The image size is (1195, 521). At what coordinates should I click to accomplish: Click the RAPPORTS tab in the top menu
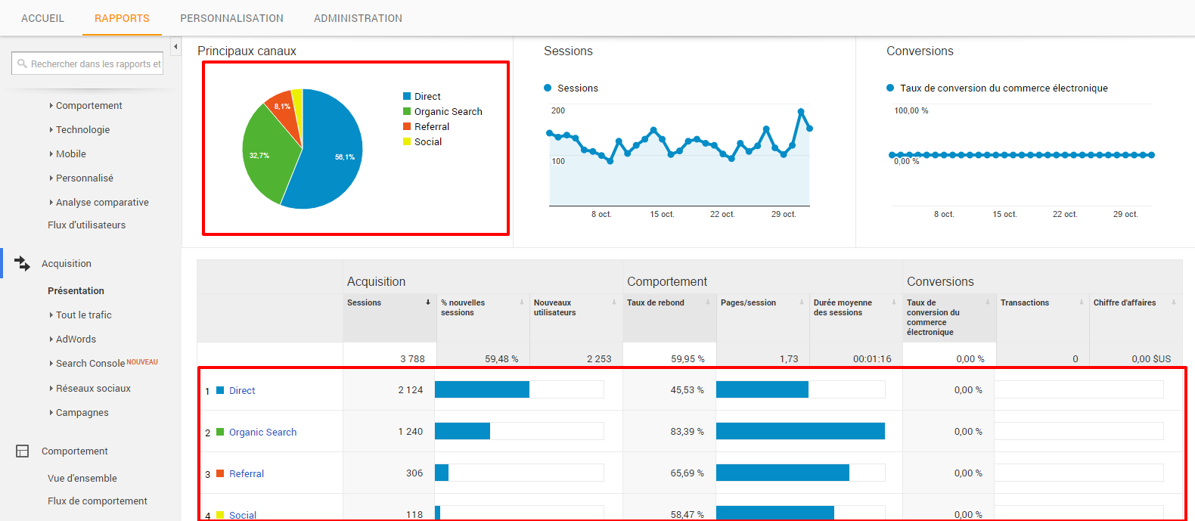coord(122,18)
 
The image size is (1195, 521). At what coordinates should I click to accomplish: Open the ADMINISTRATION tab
coord(358,18)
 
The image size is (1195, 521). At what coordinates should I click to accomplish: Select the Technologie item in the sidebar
coord(82,130)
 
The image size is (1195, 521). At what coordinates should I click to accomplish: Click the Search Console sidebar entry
coord(90,364)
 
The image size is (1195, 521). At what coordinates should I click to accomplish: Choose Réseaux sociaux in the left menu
coord(93,389)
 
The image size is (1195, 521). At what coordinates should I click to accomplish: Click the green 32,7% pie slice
coord(265,159)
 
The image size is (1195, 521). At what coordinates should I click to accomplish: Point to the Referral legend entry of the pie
coord(431,127)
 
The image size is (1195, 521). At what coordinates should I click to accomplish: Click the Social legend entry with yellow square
coord(427,142)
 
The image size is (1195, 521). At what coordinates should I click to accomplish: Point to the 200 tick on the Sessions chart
coord(558,110)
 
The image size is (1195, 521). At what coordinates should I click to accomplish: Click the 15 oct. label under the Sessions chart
coord(662,215)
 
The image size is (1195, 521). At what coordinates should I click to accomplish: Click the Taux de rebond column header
coord(656,302)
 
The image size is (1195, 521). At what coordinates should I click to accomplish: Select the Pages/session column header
coord(748,302)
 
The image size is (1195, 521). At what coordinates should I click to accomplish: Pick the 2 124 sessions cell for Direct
coord(411,390)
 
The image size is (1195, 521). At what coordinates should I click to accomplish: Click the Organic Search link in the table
coord(262,433)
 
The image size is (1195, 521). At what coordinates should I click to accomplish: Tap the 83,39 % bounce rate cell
coord(687,432)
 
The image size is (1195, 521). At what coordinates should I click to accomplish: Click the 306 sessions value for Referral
coord(414,473)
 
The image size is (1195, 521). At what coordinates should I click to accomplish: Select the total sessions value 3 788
coord(412,359)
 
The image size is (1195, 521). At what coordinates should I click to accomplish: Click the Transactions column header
coord(1024,302)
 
